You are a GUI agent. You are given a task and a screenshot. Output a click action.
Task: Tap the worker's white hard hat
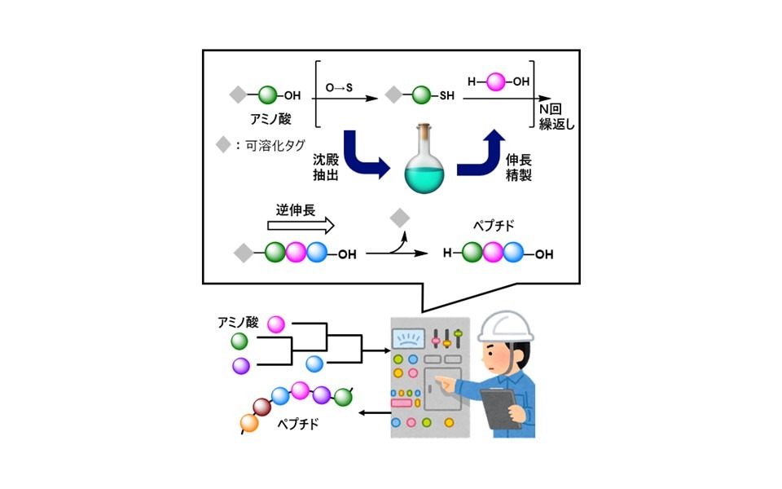506,325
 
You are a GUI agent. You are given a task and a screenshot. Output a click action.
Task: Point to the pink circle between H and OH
496,81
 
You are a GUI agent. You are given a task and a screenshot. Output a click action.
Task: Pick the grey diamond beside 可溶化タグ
223,145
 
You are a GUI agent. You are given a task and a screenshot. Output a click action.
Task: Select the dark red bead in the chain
261,406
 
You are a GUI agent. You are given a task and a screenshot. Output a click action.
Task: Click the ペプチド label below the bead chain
298,425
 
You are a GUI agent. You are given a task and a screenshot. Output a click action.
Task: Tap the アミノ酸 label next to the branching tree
238,322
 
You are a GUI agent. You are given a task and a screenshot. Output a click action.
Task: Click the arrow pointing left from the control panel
374,412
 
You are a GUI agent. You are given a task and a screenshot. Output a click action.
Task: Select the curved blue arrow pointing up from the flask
479,155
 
